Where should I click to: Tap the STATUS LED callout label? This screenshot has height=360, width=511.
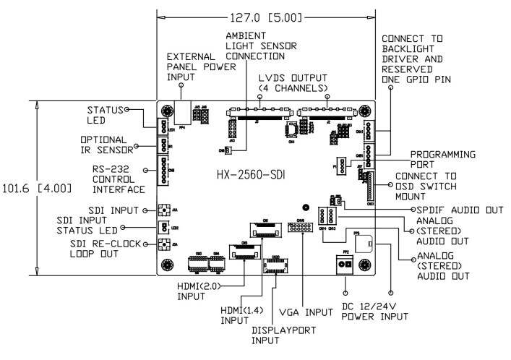106,116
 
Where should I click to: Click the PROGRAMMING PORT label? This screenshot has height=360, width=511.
440,160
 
